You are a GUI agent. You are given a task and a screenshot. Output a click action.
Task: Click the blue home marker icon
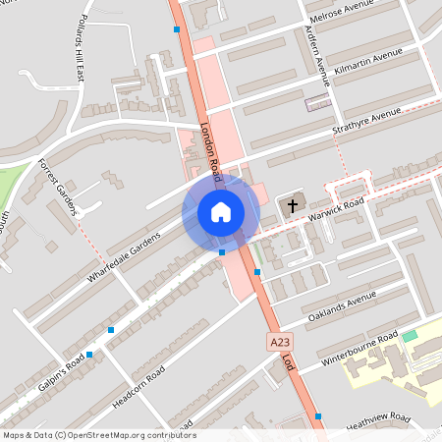[221, 212]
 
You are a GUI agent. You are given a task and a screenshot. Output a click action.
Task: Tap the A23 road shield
[279, 342]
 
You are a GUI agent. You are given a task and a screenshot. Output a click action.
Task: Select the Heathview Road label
[377, 419]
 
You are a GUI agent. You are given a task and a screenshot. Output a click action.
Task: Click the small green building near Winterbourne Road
[410, 337]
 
